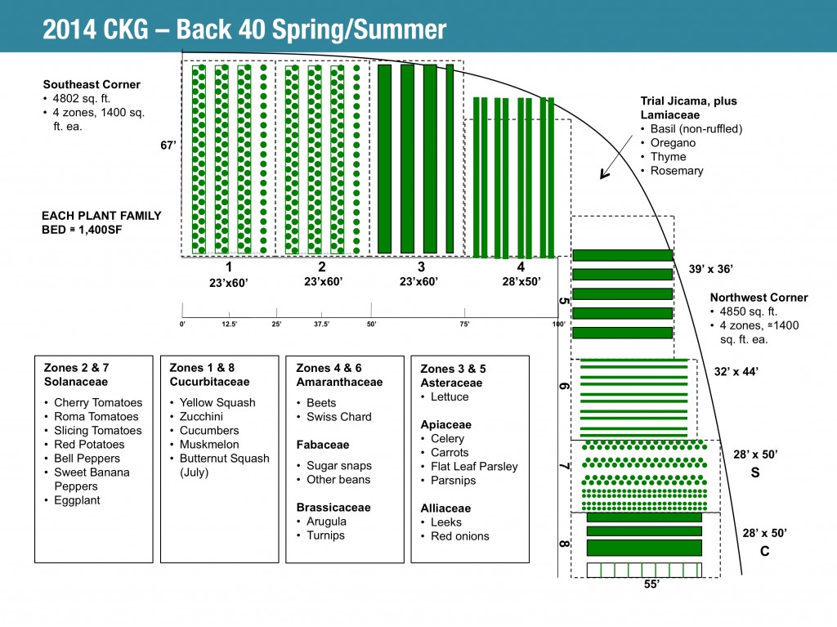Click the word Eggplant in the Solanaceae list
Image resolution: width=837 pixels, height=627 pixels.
(x=77, y=500)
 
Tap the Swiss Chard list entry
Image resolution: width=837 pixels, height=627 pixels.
(x=338, y=417)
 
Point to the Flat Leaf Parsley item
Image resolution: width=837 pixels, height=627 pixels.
(x=474, y=467)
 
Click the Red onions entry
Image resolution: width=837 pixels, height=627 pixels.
(x=460, y=536)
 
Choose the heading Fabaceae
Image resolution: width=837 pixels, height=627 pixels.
(x=323, y=445)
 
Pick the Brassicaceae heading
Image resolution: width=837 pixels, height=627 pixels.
(x=333, y=508)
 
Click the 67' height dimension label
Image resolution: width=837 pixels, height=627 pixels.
(x=168, y=145)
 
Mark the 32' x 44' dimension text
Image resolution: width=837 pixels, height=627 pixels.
(x=736, y=371)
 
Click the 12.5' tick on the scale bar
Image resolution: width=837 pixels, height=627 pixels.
(x=229, y=324)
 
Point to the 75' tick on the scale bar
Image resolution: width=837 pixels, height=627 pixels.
(x=465, y=324)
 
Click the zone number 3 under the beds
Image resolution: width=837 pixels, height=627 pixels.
(x=421, y=266)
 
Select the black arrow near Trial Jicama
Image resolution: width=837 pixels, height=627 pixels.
(x=606, y=170)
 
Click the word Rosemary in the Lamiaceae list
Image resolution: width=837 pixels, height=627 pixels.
(x=677, y=171)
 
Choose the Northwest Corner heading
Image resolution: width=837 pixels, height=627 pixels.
(x=759, y=298)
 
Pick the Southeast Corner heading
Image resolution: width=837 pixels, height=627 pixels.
(x=92, y=84)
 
